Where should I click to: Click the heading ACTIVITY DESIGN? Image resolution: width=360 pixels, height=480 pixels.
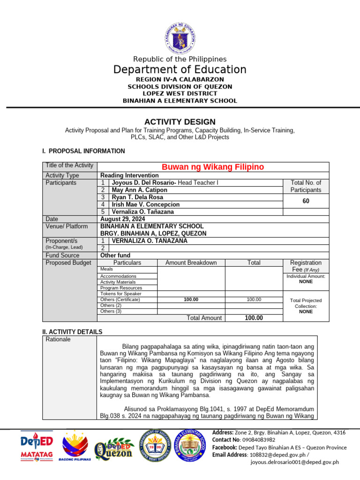tap(180, 122)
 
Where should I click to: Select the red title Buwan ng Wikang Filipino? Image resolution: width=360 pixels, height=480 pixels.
tap(213, 167)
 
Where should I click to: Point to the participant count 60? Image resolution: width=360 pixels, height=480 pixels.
tap(306, 201)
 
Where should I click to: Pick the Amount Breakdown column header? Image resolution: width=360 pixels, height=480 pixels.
tap(191, 263)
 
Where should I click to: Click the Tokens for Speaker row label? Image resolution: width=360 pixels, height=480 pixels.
tap(121, 293)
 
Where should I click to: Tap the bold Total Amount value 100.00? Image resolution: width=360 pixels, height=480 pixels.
tap(254, 318)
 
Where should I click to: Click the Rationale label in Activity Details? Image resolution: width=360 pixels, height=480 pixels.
tap(58, 339)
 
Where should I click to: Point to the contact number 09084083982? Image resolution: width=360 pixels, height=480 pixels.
tap(256, 440)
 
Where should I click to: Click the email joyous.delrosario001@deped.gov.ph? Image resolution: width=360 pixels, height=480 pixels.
tap(294, 462)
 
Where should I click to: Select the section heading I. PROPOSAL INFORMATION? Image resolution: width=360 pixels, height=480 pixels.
tap(83, 151)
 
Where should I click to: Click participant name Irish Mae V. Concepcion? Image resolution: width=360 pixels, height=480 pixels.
tap(145, 204)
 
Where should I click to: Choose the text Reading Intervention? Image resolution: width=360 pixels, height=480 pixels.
tap(129, 175)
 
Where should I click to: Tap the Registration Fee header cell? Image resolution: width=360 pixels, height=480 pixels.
tap(306, 266)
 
